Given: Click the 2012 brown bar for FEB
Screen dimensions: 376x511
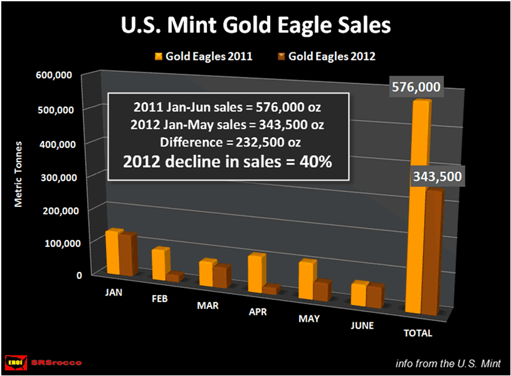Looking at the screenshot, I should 174,276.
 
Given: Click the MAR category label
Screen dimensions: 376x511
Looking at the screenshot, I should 208,306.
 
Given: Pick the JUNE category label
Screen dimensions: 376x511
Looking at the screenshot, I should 362,326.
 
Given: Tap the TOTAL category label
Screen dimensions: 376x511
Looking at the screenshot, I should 418,333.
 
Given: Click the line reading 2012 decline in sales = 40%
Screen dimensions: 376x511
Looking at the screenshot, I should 228,162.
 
